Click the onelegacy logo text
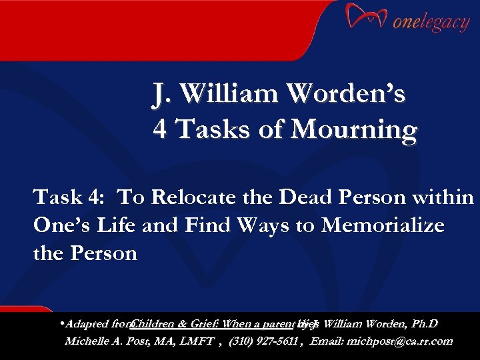coord(431,23)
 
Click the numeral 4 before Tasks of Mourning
coord(159,129)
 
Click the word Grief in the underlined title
coord(205,325)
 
